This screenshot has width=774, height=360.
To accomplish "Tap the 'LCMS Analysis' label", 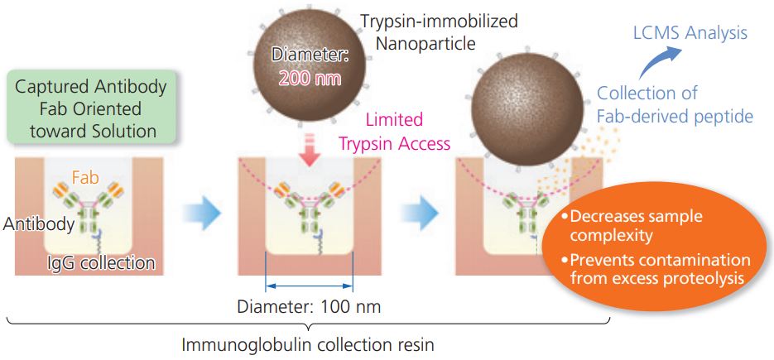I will point(690,33).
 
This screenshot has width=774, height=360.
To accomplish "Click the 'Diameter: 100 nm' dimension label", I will point(309,305).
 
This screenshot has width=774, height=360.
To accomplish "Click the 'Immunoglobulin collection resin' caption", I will point(308,343).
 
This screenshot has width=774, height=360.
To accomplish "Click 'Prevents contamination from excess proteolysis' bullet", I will point(658,269).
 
